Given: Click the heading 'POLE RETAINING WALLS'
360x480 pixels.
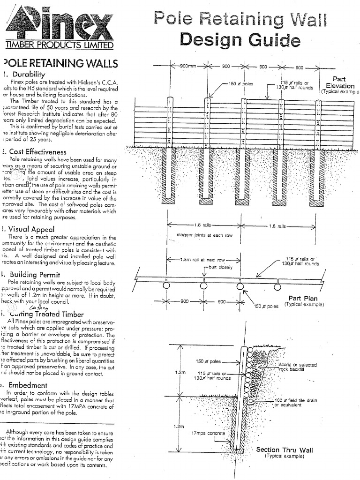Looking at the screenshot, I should click(60, 63).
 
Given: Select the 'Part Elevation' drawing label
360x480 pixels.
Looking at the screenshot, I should click(340, 83).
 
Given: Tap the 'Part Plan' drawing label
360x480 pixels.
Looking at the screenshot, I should click(303, 298).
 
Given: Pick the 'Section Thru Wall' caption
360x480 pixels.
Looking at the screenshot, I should click(285, 450).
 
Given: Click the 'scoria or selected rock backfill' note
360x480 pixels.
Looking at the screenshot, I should click(297, 367).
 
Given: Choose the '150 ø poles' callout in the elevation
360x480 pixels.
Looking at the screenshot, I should click(240, 84).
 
